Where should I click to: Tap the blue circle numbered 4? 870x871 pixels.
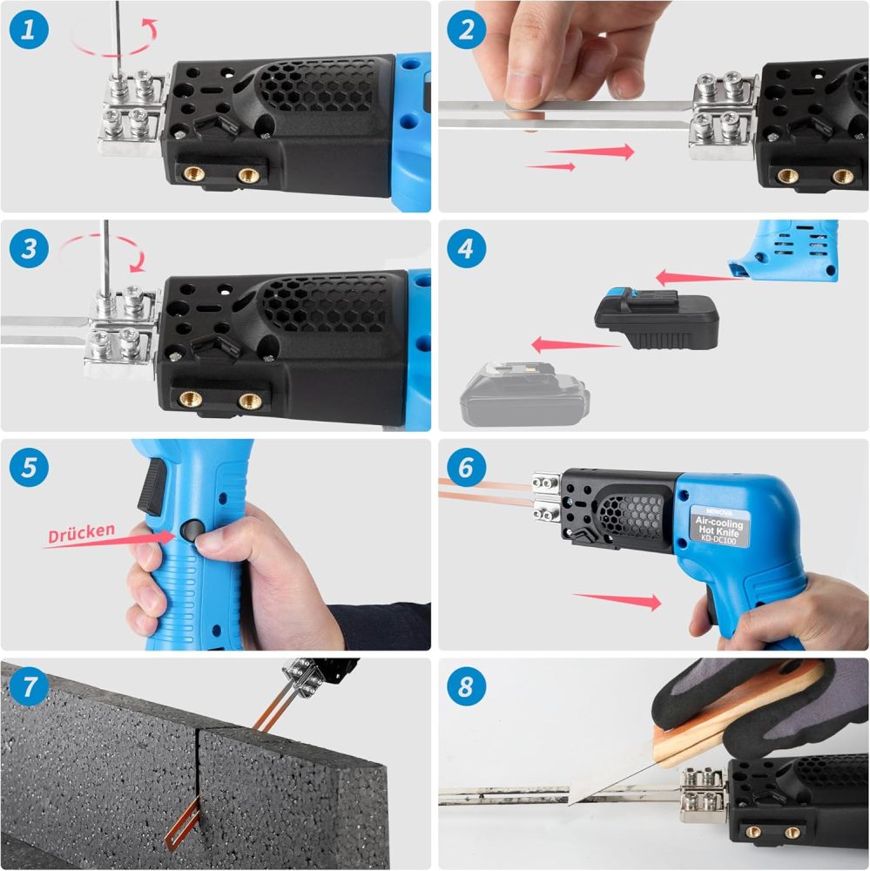tap(467, 250)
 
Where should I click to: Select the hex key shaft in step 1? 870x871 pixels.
tap(116, 35)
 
